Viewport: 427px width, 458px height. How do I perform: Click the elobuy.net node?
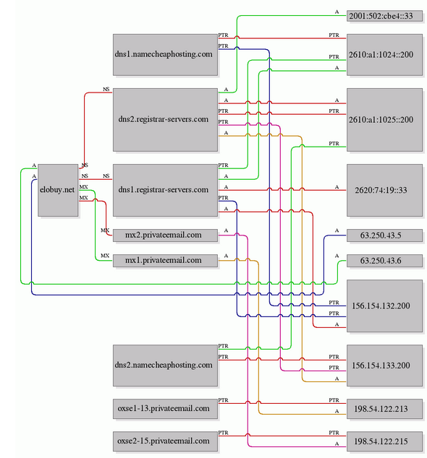pyautogui.click(x=58, y=190)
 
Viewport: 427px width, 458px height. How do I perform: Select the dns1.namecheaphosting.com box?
pyautogui.click(x=165, y=55)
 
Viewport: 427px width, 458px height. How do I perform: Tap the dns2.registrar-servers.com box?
pyautogui.click(x=165, y=120)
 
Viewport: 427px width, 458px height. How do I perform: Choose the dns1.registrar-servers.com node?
pyautogui.click(x=165, y=190)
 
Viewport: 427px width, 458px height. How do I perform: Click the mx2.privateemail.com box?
pyautogui.click(x=165, y=236)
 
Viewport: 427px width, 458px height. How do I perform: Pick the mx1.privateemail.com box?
pyautogui.click(x=165, y=261)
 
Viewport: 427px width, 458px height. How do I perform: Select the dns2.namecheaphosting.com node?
pyautogui.click(x=165, y=366)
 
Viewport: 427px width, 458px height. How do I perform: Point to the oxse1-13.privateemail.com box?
pyautogui.click(x=165, y=409)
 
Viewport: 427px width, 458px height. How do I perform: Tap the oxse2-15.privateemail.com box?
pyautogui.click(x=165, y=441)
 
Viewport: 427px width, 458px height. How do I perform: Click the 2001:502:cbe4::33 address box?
pyautogui.click(x=384, y=16)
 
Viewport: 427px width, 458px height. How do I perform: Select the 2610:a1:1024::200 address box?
pyautogui.click(x=384, y=55)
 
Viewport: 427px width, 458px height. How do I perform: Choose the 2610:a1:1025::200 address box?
pyautogui.click(x=384, y=120)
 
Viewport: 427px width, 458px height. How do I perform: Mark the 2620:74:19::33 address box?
pyautogui.click(x=384, y=190)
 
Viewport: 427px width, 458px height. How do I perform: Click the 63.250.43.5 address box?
pyautogui.click(x=384, y=236)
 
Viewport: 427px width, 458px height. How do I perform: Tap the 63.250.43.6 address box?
pyautogui.click(x=384, y=261)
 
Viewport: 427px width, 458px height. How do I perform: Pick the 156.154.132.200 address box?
pyautogui.click(x=384, y=306)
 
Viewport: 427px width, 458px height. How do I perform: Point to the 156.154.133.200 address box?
pyautogui.click(x=384, y=366)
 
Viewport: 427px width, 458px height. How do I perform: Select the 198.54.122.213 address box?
pyautogui.click(x=384, y=409)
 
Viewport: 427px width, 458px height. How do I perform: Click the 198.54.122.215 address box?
pyautogui.click(x=384, y=441)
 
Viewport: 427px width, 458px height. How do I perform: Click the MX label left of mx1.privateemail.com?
pyautogui.click(x=105, y=256)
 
